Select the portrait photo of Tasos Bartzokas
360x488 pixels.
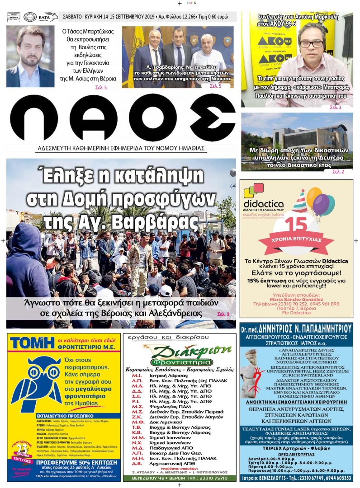(30, 56)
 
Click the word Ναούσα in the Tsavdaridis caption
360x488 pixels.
(220, 78)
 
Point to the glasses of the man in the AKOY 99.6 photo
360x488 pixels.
(311, 43)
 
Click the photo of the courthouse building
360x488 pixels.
(297, 136)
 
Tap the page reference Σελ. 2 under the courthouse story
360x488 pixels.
(338, 172)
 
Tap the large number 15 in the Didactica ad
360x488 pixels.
(296, 225)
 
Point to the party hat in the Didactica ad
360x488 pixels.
(300, 202)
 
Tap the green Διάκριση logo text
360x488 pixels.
(179, 352)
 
